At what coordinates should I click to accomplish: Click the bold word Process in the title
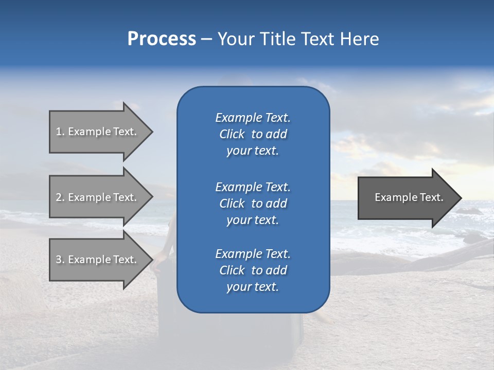point(162,39)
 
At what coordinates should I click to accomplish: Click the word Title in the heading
point(278,39)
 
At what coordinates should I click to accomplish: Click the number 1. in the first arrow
point(60,132)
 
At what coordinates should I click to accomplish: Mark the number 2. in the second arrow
point(60,197)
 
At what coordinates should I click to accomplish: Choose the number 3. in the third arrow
point(60,260)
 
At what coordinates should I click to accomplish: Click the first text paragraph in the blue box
point(253,134)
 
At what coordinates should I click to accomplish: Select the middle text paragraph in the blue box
point(253,203)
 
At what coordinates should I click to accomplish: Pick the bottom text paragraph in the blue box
point(253,270)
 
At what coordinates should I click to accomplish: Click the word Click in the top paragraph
point(232,134)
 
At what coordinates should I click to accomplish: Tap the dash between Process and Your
point(206,39)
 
